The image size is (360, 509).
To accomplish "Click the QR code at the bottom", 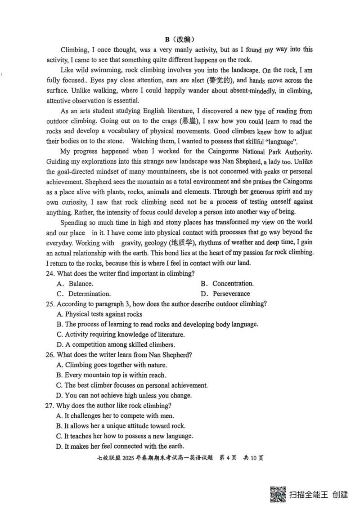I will [x=279, y=495].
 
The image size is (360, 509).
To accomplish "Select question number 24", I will [x=51, y=273].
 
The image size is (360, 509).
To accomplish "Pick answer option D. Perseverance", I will [x=227, y=294].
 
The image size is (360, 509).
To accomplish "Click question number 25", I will [x=51, y=304].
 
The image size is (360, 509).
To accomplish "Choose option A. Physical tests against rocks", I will [x=99, y=314].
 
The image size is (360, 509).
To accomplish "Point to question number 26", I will [x=51, y=355].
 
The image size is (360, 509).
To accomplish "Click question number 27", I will [x=51, y=406].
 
